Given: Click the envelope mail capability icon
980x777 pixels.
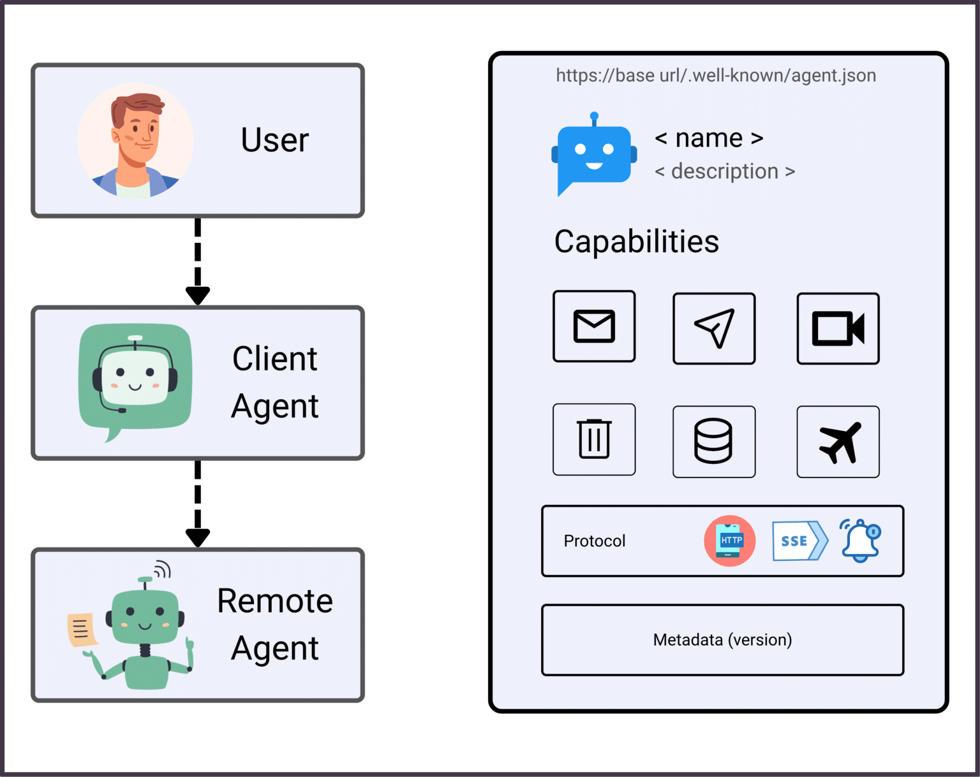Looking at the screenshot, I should tap(594, 326).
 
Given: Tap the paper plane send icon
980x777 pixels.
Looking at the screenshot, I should tap(714, 328).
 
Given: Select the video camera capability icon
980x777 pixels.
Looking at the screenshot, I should tap(838, 328).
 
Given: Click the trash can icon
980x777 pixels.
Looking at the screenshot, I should tap(594, 439).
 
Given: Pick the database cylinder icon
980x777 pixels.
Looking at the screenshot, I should tap(713, 441).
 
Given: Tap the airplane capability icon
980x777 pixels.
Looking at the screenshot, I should tap(838, 442).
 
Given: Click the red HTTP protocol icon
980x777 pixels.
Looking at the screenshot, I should tap(730, 541).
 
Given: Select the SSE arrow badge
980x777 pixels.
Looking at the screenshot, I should tap(799, 541).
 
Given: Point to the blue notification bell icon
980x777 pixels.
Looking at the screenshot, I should tap(860, 541).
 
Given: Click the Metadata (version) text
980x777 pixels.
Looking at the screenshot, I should tap(722, 639).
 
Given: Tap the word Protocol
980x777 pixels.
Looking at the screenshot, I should tap(594, 541).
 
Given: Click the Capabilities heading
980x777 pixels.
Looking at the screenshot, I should tap(636, 242).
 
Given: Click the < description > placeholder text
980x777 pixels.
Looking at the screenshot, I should tap(725, 171).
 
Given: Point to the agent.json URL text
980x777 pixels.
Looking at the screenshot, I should tap(715, 75).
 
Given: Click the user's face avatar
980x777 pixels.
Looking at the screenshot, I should tap(136, 140).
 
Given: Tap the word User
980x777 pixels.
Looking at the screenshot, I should tap(274, 140).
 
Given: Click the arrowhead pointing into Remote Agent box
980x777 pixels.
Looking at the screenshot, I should tap(198, 537).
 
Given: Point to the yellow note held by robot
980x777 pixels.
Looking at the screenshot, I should tap(81, 630).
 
